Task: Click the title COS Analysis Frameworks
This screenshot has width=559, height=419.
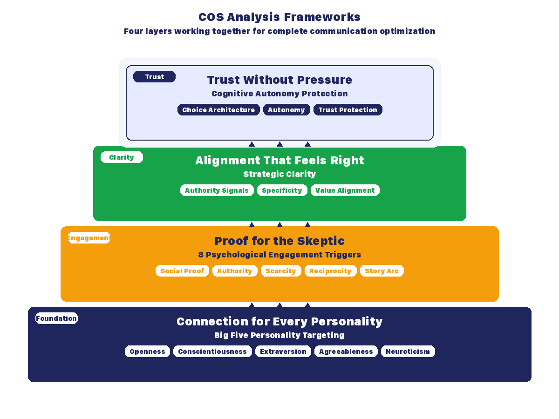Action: [279, 17]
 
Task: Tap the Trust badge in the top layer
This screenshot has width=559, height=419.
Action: [154, 77]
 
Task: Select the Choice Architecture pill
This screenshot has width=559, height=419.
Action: [218, 110]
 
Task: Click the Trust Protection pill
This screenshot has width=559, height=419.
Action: [348, 110]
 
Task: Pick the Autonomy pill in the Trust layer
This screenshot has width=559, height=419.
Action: [286, 110]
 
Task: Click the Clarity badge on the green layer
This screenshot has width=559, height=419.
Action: [122, 157]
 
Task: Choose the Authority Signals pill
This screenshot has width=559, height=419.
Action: [217, 190]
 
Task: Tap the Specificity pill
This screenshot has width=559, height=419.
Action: [282, 190]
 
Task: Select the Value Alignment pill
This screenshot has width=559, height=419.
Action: [345, 190]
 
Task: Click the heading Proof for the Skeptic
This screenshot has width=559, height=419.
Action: [279, 241]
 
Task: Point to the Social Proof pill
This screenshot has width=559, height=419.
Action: [182, 271]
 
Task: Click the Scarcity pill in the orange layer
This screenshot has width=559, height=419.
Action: [280, 271]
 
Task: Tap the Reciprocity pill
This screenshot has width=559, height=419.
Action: [330, 271]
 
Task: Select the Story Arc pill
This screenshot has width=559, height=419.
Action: [382, 271]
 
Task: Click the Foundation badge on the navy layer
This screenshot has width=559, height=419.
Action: [56, 318]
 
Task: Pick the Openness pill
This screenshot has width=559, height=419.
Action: [147, 351]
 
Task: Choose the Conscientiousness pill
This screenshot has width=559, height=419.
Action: [212, 351]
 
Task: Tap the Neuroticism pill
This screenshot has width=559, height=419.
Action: [408, 351]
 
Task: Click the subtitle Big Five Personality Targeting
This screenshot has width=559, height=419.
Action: [279, 335]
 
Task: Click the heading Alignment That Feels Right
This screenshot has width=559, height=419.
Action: [279, 161]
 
